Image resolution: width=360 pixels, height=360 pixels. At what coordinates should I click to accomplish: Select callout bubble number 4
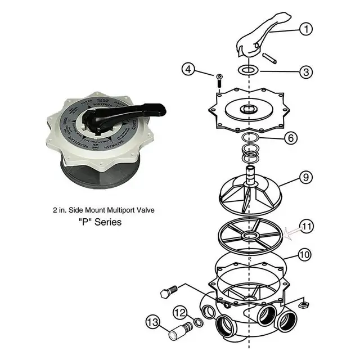tap(190, 70)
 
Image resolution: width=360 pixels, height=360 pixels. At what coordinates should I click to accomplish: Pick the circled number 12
tap(179, 310)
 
